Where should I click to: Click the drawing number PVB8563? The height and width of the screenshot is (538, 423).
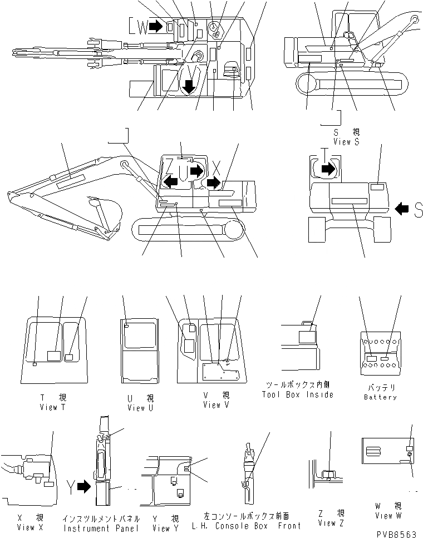coord(396,532)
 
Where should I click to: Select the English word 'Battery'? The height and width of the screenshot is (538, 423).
coord(381,397)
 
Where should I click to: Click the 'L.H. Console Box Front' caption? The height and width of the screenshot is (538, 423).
coord(246,525)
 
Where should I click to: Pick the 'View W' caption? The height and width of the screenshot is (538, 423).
coord(388,515)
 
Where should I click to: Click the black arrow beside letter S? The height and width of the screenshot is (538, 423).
coord(402,209)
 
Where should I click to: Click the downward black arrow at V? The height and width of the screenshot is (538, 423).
coord(189,86)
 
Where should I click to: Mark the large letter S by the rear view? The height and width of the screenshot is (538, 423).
coord(418,209)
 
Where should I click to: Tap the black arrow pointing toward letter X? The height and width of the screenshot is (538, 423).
coord(212,182)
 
